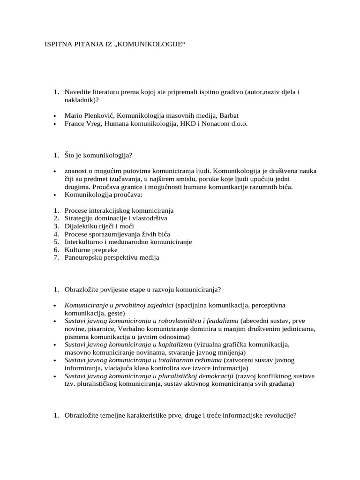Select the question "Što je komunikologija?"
[99, 155]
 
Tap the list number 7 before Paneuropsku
[55, 257]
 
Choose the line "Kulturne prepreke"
[91, 250]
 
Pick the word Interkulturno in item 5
[86, 242]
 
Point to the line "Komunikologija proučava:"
[102, 195]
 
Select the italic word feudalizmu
[220, 321]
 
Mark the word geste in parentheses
[115, 313]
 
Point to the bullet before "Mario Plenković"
[55, 116]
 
